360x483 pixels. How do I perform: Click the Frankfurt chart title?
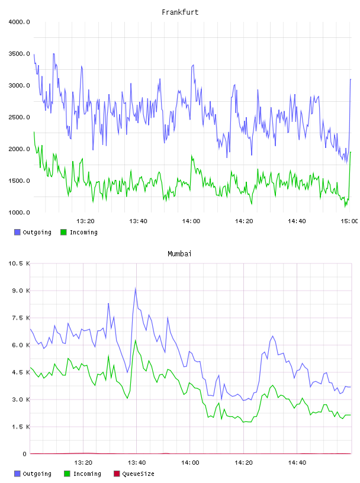(180, 12)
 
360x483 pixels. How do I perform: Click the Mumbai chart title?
(179, 254)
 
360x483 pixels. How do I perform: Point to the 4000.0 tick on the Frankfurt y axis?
(19, 22)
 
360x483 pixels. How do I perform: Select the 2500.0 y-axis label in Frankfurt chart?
(19, 117)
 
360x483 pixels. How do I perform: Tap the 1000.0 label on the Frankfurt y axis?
(19, 212)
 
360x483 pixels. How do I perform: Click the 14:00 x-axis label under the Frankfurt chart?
(191, 221)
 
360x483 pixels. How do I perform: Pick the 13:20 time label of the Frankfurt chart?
(85, 221)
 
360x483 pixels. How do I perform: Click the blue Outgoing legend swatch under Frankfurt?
(17, 232)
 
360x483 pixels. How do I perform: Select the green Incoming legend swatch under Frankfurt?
(63, 232)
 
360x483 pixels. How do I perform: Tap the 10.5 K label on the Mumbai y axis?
(19, 263)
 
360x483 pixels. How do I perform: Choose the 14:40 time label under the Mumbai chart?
(297, 463)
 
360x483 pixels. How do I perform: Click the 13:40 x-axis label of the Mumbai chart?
(137, 463)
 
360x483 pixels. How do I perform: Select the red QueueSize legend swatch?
(117, 474)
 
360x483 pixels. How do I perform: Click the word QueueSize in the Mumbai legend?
(138, 474)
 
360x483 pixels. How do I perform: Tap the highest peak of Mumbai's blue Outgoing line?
(136, 288)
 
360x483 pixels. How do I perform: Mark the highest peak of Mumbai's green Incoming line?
(136, 340)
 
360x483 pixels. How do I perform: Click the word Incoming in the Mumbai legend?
(87, 474)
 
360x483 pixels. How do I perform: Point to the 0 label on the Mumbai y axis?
(25, 454)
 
